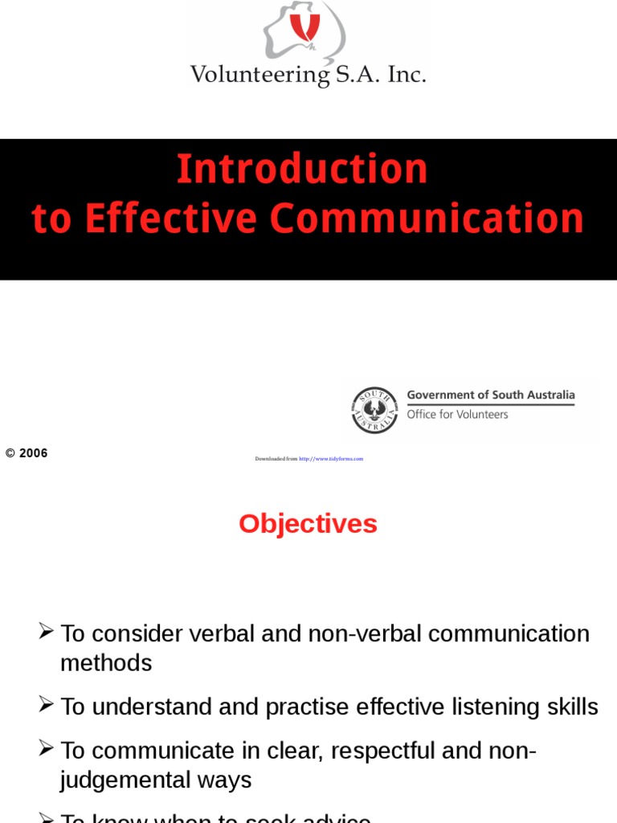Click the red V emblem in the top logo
(x=304, y=27)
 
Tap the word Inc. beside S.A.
(x=407, y=75)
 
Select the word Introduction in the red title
(x=302, y=170)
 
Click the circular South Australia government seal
(x=374, y=410)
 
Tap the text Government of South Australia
(x=491, y=395)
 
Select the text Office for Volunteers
(x=457, y=415)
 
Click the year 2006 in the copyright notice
(x=34, y=453)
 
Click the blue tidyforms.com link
(x=331, y=459)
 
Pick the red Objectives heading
(x=308, y=524)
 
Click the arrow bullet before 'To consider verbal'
(x=47, y=632)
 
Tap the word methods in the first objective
(x=106, y=663)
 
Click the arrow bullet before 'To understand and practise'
(x=47, y=705)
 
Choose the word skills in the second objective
(x=573, y=707)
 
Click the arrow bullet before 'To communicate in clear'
(x=47, y=749)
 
